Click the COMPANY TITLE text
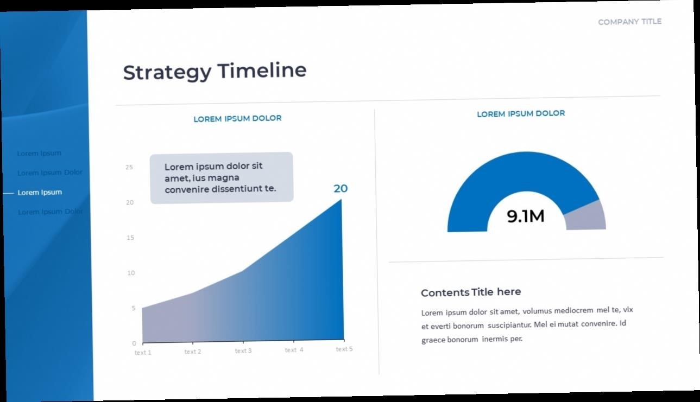[x=630, y=22]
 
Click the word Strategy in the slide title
[x=167, y=72]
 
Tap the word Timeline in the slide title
[x=262, y=70]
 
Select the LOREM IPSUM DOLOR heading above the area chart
[x=237, y=119]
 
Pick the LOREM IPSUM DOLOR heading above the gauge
[x=521, y=113]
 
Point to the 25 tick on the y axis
[x=129, y=167]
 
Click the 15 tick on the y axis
[x=130, y=238]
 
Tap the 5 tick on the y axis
[x=134, y=308]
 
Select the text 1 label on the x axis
[x=143, y=353]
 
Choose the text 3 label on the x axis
[x=243, y=351]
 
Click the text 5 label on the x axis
[x=344, y=349]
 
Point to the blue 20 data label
[x=340, y=188]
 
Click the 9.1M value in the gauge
[x=526, y=216]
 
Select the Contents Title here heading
[x=471, y=292]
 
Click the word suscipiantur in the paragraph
[x=509, y=325]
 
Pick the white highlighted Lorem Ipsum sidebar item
[x=40, y=193]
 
